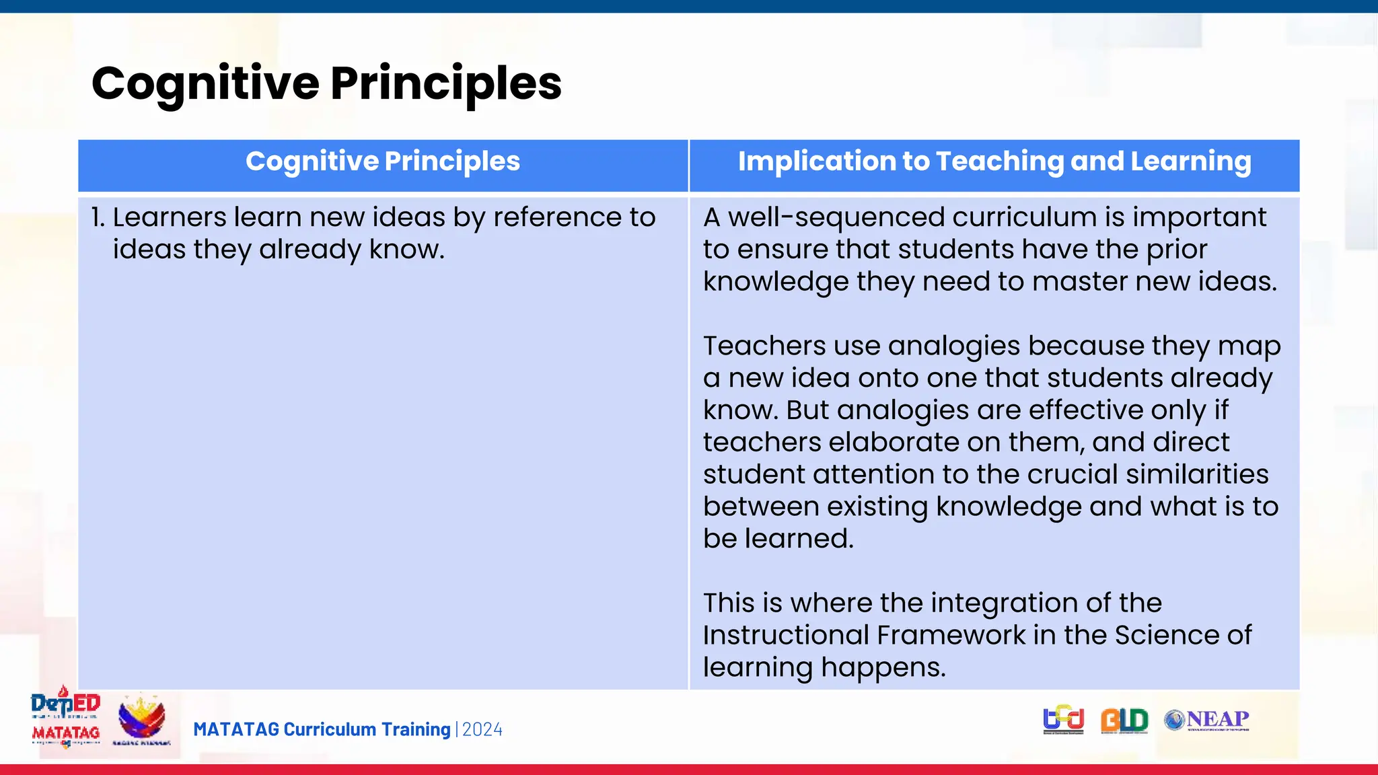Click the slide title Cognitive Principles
tap(326, 83)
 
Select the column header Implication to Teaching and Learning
tap(994, 161)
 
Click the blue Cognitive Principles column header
tap(383, 161)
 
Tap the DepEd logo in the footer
tap(65, 704)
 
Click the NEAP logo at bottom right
tap(1207, 720)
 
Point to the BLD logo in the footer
tap(1124, 721)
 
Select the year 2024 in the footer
tap(482, 729)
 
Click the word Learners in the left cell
tap(170, 217)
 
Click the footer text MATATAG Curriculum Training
tap(322, 729)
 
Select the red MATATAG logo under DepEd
tap(65, 733)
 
